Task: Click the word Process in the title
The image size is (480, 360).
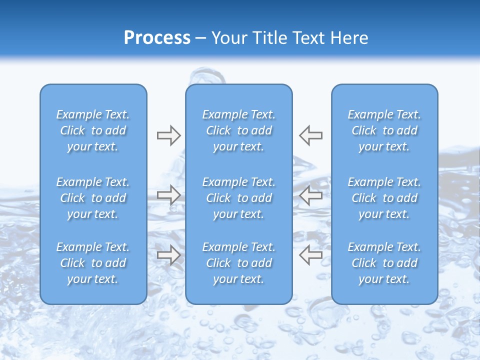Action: coord(157,38)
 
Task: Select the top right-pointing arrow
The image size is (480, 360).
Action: coord(168,135)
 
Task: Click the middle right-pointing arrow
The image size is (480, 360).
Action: coord(168,195)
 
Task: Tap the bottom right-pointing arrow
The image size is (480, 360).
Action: coord(168,255)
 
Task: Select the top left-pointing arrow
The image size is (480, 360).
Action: coord(310,135)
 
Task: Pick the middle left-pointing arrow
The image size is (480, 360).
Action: coord(310,195)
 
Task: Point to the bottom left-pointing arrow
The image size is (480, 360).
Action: coord(310,255)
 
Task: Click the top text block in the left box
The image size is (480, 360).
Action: coord(93,130)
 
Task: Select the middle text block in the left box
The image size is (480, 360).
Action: coord(93,198)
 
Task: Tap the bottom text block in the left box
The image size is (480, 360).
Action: coord(93,263)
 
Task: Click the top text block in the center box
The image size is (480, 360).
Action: coord(238,130)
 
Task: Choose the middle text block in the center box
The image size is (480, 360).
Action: coord(238,198)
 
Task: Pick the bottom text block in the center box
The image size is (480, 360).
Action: coord(238,263)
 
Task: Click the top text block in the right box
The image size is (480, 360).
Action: coord(384,130)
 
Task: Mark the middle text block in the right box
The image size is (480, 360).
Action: coord(384,198)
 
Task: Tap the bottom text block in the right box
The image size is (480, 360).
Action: coord(384,263)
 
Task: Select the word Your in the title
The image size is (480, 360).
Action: coord(229,38)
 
